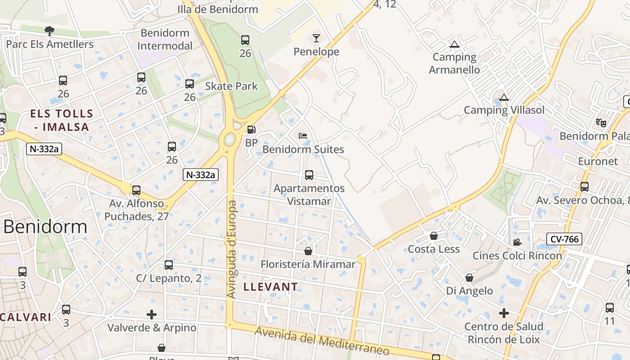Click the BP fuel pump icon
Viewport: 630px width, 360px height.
point(251,130)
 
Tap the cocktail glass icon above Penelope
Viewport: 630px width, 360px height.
point(316,38)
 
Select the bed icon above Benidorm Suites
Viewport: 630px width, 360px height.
point(303,136)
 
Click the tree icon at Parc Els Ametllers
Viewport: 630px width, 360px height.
point(49,31)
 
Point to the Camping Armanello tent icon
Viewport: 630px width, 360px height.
point(454,44)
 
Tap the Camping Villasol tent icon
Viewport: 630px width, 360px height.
point(504,97)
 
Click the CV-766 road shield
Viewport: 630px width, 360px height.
point(564,239)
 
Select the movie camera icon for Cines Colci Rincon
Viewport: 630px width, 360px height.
point(517,242)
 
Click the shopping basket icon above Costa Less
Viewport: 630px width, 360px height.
point(434,236)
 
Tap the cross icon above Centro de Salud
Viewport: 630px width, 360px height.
point(504,313)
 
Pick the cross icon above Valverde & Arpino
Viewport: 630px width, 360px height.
point(152,314)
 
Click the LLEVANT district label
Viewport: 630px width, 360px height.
point(270,287)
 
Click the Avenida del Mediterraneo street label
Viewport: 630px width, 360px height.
point(322,342)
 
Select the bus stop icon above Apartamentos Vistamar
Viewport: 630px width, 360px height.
point(309,175)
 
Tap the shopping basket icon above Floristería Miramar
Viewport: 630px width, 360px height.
point(308,251)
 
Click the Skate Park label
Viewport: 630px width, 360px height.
point(231,86)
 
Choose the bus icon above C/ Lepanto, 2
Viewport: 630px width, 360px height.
point(169,265)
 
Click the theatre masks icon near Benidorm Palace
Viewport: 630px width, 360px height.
point(601,122)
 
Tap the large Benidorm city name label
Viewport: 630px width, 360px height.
point(45,226)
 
